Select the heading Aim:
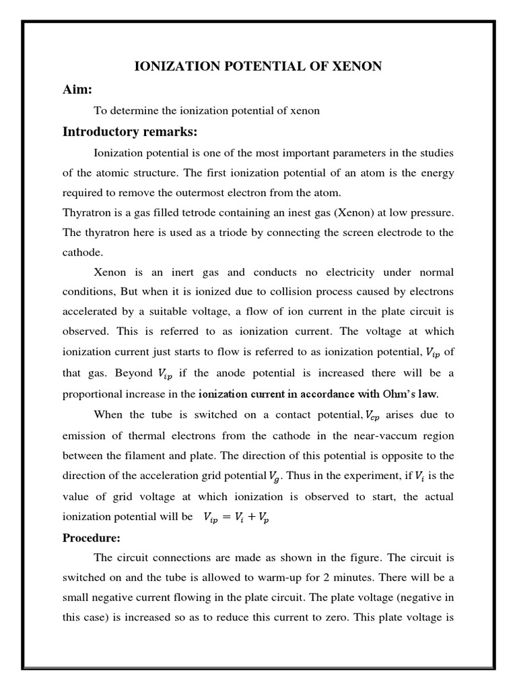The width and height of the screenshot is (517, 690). [77, 89]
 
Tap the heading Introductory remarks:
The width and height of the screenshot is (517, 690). [130, 131]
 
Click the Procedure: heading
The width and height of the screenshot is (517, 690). [91, 538]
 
